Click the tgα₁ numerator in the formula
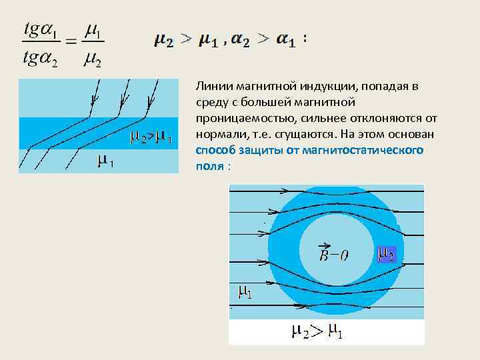41,31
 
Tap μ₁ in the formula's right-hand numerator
94,31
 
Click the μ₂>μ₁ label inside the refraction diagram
151,138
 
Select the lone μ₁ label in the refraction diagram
105,161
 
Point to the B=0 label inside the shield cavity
334,254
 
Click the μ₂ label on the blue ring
386,254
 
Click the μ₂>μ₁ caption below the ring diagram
317,331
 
